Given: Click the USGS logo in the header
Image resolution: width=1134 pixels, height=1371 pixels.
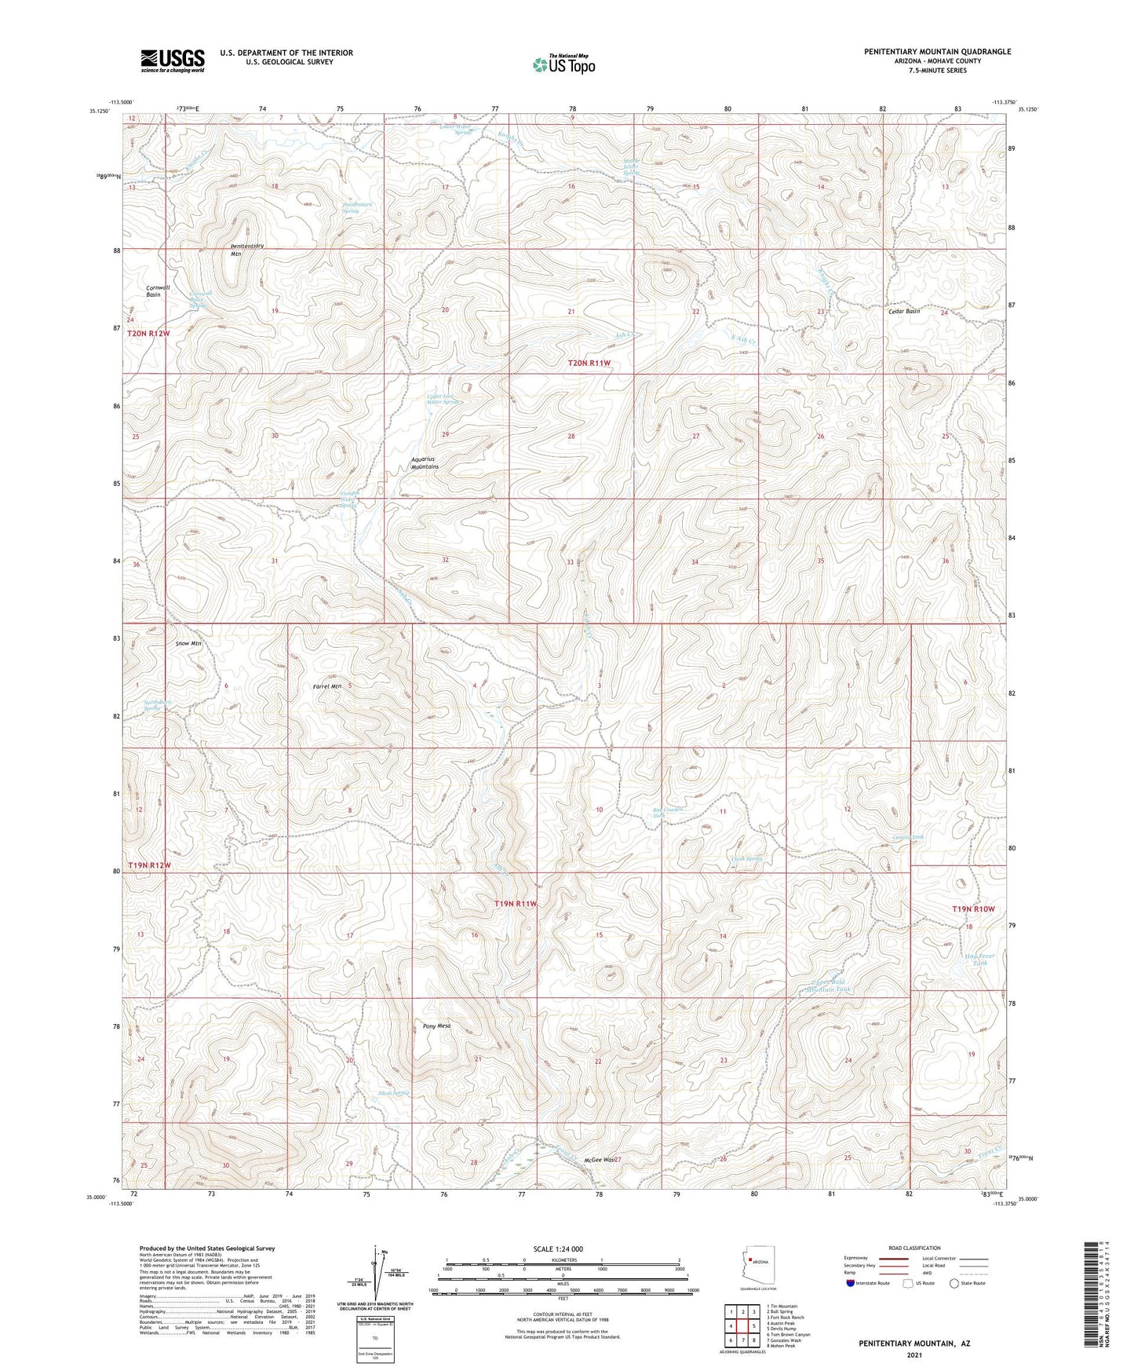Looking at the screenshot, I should click(173, 60).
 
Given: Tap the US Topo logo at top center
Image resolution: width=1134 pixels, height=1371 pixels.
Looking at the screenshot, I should click(563, 64).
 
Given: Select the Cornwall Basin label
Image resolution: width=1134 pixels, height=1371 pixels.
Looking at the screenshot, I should click(164, 291).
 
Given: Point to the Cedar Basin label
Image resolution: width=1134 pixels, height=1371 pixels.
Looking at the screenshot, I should click(904, 311).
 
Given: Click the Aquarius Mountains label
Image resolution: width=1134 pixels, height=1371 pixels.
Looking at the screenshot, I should click(425, 462).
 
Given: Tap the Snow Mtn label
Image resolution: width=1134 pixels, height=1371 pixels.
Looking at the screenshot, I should click(188, 643).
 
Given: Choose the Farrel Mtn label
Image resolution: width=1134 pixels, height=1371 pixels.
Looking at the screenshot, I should click(327, 686).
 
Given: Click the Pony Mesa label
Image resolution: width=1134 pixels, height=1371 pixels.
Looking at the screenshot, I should click(436, 1026).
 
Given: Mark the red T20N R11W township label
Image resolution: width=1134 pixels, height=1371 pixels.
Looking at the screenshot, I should click(589, 363).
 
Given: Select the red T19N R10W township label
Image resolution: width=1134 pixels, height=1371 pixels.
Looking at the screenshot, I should click(973, 909).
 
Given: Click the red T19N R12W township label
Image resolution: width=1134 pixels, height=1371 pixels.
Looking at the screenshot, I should click(148, 865).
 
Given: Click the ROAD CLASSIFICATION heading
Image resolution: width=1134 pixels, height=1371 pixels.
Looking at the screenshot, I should click(914, 1248).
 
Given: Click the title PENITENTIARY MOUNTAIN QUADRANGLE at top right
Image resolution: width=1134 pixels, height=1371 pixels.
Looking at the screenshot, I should click(937, 51).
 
